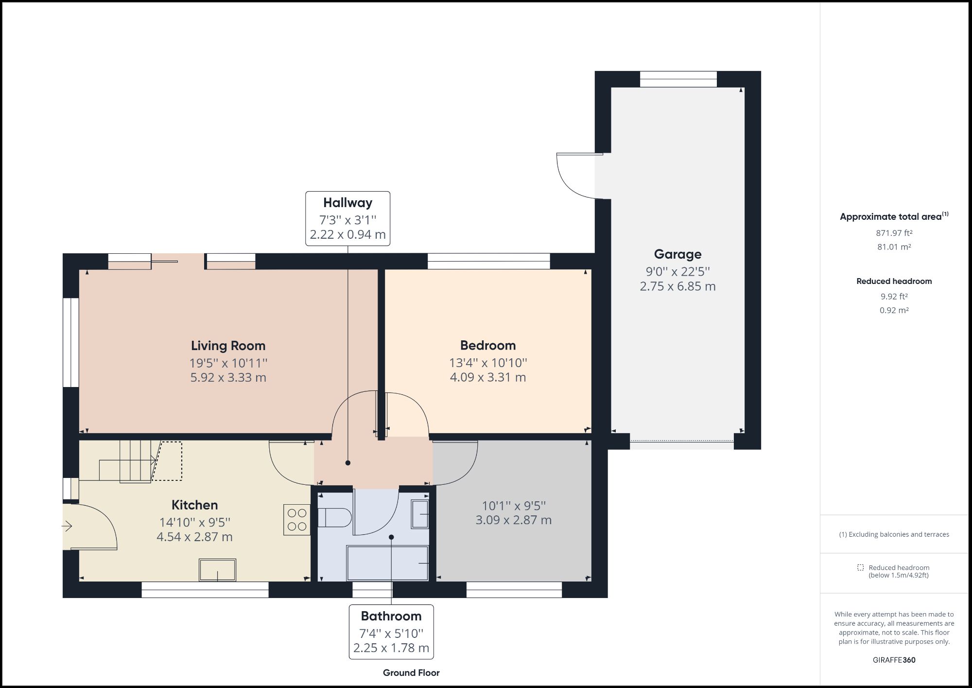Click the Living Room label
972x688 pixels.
pos(228,346)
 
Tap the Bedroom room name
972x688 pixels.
pos(487,345)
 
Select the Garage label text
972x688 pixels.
pos(677,254)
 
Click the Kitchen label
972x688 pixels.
pos(194,505)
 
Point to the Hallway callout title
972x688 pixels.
pos(347,203)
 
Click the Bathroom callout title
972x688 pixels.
pos(391,616)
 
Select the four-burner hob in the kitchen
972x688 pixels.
pos(297,520)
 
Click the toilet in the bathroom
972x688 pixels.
pos(335,518)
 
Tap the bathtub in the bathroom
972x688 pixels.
pos(387,563)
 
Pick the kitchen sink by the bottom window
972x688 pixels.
pos(217,570)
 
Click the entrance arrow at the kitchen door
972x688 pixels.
pos(67,526)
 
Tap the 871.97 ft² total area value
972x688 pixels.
pos(894,233)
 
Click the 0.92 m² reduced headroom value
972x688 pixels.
pos(894,310)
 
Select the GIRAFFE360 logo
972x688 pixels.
pos(894,660)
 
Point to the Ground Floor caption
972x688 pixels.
pos(411,673)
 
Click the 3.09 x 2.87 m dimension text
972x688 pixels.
pos(513,520)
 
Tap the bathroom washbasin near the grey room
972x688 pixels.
pos(419,514)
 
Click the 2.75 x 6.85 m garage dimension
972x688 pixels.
pos(677,286)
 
